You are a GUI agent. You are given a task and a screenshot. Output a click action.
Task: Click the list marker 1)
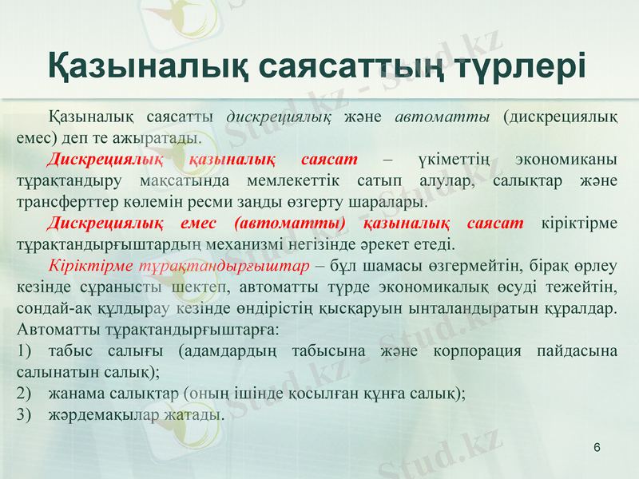pos(23,351)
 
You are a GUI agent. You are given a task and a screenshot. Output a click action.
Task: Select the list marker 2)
pos(23,394)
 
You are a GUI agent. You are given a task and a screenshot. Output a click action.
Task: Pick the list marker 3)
pos(23,415)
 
